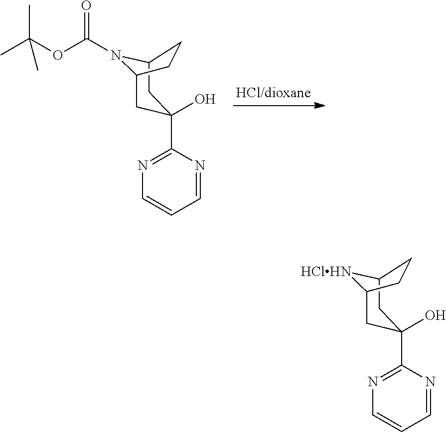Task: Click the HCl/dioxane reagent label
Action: tap(273, 93)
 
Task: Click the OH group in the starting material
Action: tap(204, 100)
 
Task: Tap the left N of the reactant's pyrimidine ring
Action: tap(142, 165)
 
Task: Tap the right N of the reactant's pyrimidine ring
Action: tap(200, 165)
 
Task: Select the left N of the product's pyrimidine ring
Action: tap(372, 382)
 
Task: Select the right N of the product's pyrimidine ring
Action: tap(430, 382)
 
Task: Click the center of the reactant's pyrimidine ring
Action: tap(171, 182)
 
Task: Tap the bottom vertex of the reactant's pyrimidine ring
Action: tap(171, 215)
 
